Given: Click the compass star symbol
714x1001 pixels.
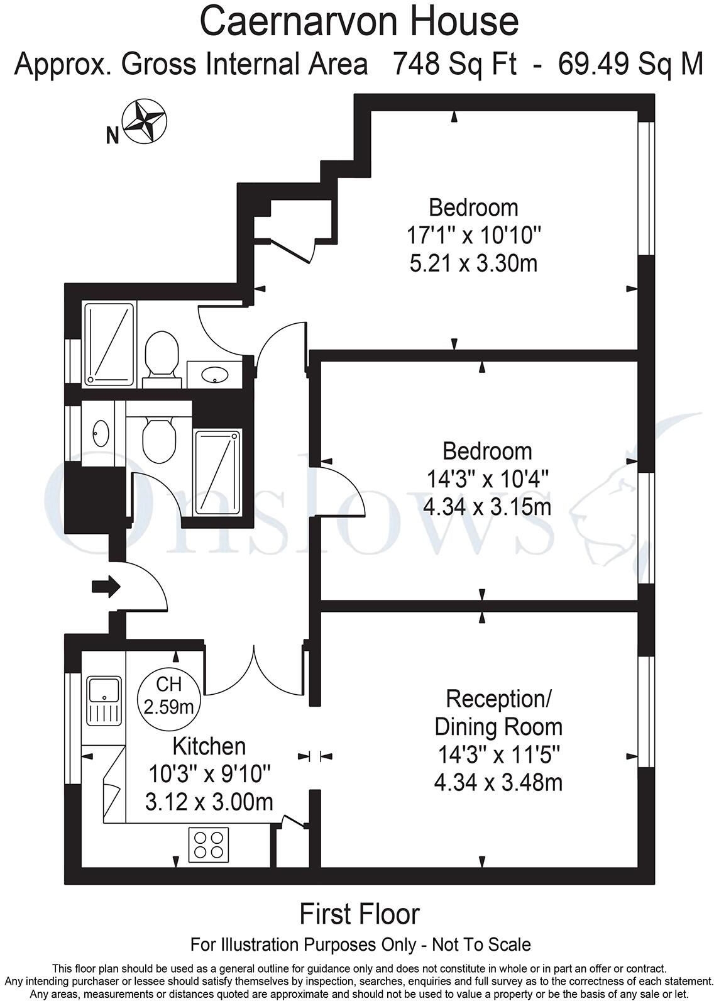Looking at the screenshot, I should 144,121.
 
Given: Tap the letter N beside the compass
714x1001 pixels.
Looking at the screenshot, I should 113,135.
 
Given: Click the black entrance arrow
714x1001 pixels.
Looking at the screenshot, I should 106,586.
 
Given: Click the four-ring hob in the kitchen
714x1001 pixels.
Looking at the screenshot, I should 209,844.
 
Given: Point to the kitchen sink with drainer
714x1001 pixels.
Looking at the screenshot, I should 104,700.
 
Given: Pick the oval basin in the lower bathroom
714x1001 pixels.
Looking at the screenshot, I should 101,433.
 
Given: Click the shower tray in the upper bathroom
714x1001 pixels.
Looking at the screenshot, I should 109,344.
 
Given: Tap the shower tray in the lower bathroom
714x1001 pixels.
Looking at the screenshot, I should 217,472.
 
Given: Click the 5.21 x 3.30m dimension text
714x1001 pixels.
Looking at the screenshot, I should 473,263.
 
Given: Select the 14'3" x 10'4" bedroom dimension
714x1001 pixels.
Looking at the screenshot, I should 487,479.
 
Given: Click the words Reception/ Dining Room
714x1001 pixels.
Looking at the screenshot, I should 498,712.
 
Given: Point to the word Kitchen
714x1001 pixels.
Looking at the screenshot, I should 209,746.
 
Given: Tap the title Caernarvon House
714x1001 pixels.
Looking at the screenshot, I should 359,21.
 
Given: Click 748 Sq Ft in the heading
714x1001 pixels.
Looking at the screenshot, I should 454,64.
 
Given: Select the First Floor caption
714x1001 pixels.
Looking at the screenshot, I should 359,914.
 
